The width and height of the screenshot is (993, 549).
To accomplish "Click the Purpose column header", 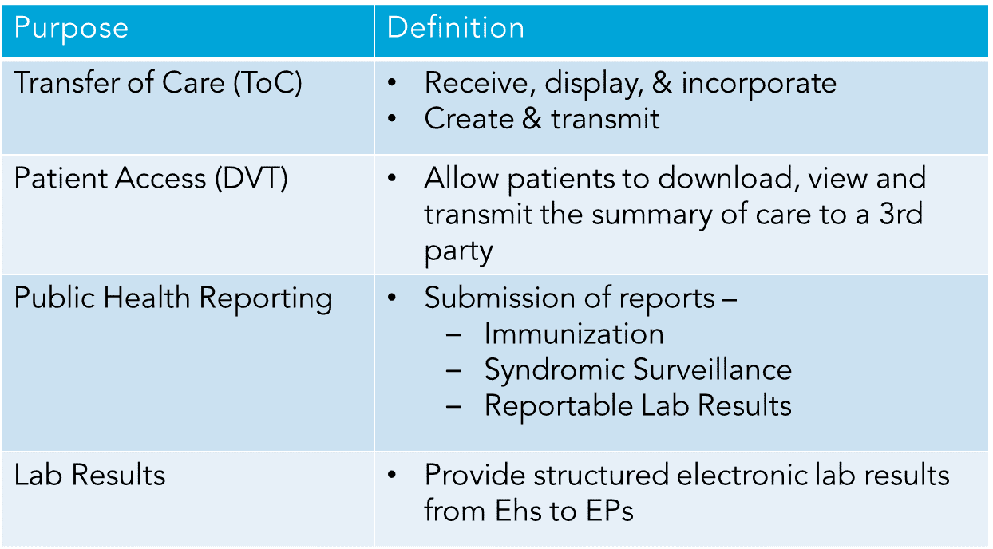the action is click(71, 29).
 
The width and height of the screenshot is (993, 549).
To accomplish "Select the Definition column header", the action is click(456, 27).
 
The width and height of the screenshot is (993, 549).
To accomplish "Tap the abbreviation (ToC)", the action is click(267, 83).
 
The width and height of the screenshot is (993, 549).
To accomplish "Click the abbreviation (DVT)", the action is click(251, 179).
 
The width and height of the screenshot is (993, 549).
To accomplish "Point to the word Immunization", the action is click(574, 334).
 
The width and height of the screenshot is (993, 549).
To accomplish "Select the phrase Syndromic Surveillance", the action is click(638, 369).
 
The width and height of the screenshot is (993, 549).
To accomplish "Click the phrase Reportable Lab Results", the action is click(638, 405).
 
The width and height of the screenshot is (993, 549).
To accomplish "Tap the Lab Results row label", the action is click(89, 475).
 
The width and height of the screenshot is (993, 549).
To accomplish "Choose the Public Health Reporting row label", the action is click(173, 298).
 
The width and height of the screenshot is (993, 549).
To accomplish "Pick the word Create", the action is click(469, 119).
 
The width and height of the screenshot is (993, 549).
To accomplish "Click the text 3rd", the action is click(901, 214).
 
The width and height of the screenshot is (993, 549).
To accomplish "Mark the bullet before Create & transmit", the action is click(391, 118).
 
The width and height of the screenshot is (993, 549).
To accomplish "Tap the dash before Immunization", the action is click(453, 335).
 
